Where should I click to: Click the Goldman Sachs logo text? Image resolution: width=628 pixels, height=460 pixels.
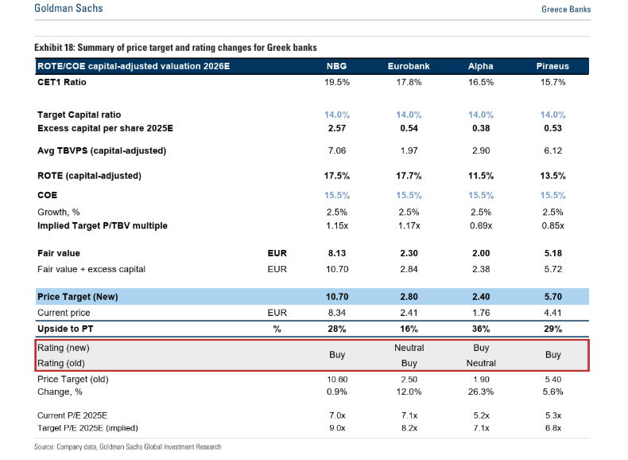tap(69, 9)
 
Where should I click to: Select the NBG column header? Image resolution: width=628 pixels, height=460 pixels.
tap(336, 66)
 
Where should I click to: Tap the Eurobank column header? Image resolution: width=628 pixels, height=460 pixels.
tap(409, 66)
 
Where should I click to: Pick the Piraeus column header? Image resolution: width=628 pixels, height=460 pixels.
tap(552, 66)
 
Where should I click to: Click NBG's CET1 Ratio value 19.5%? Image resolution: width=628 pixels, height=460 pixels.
tap(336, 82)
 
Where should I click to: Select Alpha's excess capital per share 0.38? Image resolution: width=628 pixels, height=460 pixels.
tap(481, 128)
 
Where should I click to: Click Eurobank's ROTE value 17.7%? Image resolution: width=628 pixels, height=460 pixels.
tap(409, 175)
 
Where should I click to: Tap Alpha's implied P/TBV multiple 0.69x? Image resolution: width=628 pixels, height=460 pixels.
tap(481, 225)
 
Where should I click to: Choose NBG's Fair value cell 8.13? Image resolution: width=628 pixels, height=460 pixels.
tap(336, 253)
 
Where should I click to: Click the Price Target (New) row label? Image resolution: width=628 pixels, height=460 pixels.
tap(78, 297)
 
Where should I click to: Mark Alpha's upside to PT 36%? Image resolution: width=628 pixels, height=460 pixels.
tap(481, 329)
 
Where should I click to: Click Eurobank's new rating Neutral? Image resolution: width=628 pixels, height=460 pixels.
tap(409, 348)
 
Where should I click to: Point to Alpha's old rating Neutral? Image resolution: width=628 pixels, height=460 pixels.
tap(481, 363)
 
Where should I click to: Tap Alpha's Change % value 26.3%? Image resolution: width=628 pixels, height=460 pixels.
tap(481, 392)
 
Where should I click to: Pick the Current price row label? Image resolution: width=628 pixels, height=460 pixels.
tap(64, 313)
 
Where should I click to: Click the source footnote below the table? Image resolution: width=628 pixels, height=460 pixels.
tap(127, 447)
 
